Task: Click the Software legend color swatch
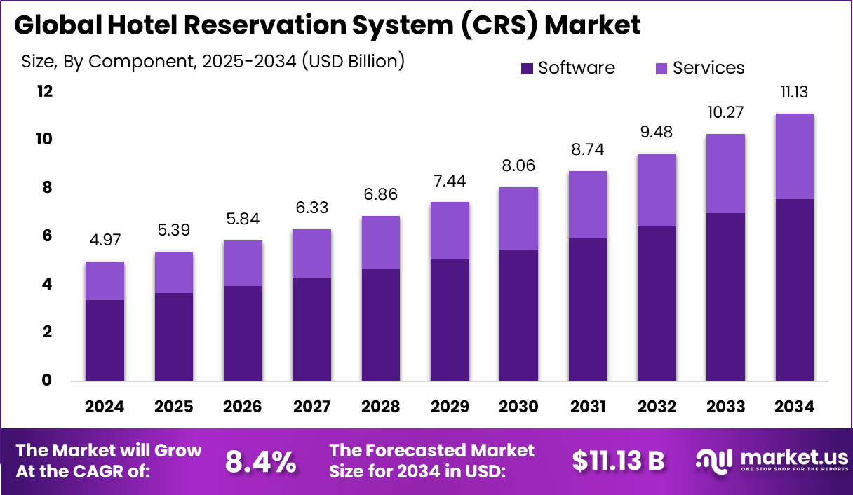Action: click(527, 68)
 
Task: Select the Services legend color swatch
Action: click(661, 68)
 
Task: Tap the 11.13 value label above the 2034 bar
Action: click(794, 93)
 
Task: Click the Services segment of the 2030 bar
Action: click(518, 218)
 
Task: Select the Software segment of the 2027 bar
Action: click(311, 329)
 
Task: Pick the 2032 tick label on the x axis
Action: click(657, 407)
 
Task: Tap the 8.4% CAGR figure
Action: click(260, 461)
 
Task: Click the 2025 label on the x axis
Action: click(173, 407)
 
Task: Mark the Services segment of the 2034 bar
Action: click(794, 156)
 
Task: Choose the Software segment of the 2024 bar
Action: click(105, 340)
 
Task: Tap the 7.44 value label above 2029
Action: click(450, 182)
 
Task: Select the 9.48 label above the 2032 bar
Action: click(657, 133)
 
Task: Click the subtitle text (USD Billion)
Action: click(353, 61)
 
